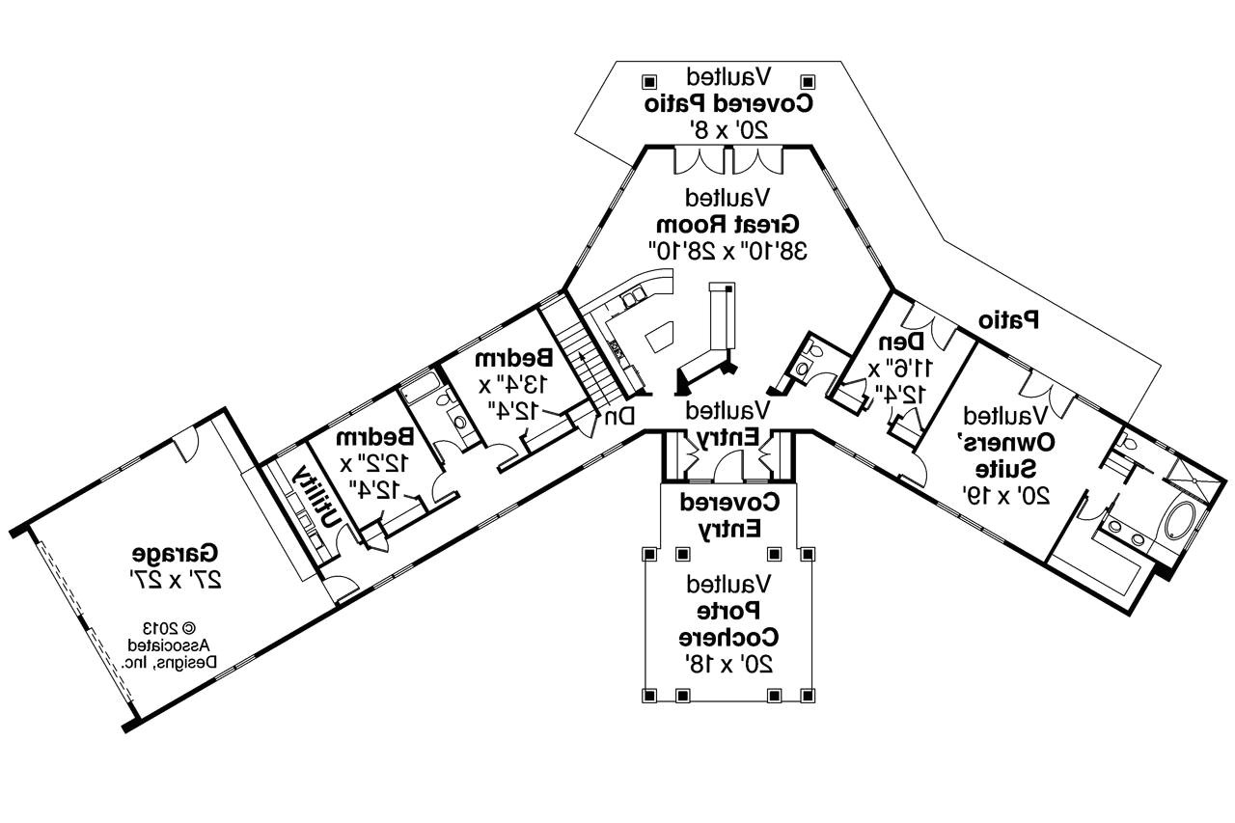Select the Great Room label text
coord(729,225)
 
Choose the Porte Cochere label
coord(728,624)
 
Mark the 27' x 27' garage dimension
coord(176,580)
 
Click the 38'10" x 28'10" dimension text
coord(728,251)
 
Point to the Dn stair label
coord(619,417)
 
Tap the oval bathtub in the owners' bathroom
coord(1178,522)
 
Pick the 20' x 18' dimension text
coord(728,665)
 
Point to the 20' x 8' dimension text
coord(728,128)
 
